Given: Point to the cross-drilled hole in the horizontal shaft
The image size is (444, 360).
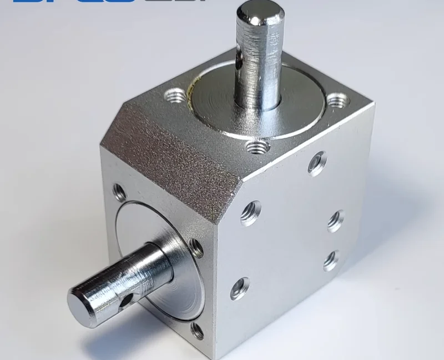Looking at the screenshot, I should click(x=127, y=300).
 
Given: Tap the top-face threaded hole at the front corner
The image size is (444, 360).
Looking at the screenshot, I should click(x=257, y=147).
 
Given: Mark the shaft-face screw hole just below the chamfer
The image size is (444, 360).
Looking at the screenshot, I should click(x=119, y=193).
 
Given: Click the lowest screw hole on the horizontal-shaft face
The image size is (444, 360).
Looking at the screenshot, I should click(x=197, y=331).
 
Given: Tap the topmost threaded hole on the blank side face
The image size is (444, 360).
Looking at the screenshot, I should click(x=317, y=163).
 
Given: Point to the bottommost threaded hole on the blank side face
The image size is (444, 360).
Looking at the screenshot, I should click(x=240, y=288).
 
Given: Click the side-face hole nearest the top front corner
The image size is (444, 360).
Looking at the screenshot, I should click(x=250, y=212).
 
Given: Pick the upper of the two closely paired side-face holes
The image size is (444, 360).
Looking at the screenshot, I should click(x=335, y=220).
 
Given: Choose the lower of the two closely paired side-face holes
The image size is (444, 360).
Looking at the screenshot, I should click(x=331, y=259).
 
